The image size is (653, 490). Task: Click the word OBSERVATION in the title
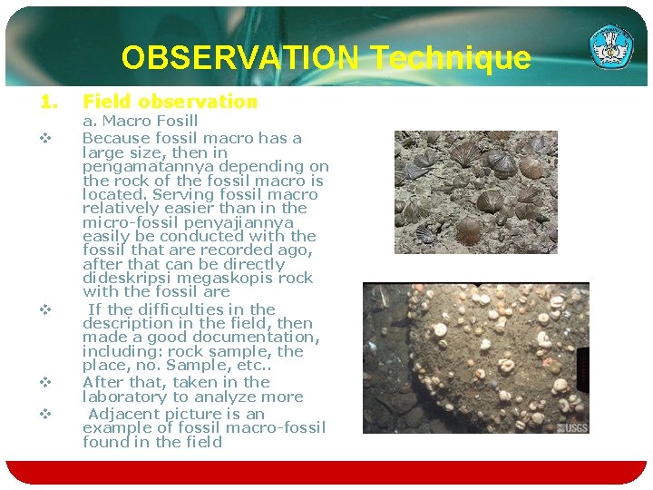(x=239, y=58)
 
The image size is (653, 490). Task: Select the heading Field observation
(x=170, y=102)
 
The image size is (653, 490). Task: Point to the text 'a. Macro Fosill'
(x=140, y=121)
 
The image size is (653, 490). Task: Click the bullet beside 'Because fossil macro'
(x=43, y=139)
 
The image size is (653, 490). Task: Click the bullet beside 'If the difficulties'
(x=43, y=309)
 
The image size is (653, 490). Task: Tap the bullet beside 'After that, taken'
(x=43, y=383)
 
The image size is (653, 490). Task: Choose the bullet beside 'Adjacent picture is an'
(x=43, y=414)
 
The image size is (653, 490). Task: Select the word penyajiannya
(x=245, y=222)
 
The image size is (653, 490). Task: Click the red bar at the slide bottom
(x=326, y=472)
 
